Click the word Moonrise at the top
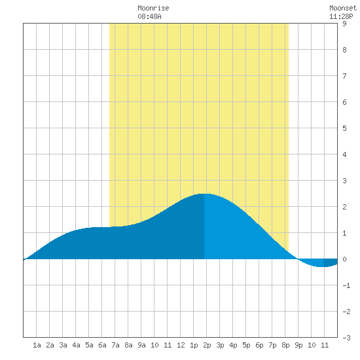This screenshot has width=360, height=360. click(x=153, y=8)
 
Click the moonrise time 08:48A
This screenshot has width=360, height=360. click(x=149, y=16)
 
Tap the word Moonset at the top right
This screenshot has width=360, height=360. click(x=343, y=8)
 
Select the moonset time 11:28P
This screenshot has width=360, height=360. click(x=341, y=16)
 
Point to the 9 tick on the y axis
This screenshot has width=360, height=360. click(x=344, y=24)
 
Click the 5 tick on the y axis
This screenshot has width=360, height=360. click(x=344, y=128)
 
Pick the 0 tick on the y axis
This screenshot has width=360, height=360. click(x=344, y=259)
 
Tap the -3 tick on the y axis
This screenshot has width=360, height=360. click(x=346, y=338)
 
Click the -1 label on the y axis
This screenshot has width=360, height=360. click(x=346, y=285)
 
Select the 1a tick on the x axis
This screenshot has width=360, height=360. click(x=37, y=345)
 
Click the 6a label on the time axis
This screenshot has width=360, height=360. click(x=102, y=345)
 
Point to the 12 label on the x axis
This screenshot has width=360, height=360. click(x=181, y=345)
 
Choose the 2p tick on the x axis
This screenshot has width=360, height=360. click(x=207, y=345)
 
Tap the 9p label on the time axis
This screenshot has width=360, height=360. click(x=298, y=345)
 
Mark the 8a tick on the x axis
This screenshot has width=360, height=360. click(x=128, y=345)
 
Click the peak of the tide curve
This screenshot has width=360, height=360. click(x=204, y=194)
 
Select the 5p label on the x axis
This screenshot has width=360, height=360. click(x=246, y=345)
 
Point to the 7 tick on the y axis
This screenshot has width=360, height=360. click(x=344, y=76)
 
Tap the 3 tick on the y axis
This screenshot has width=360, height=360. click(x=344, y=181)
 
